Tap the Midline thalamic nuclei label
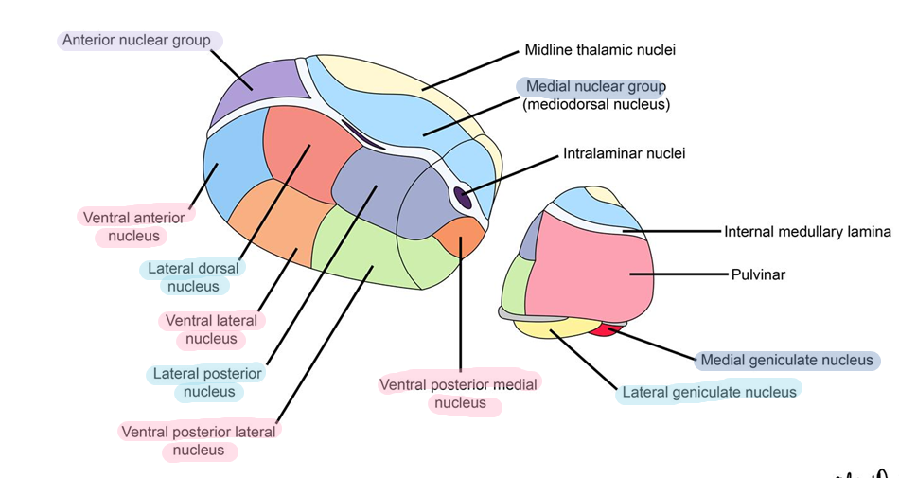pos(600,49)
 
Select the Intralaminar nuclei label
pos(624,152)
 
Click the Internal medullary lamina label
pos(807,231)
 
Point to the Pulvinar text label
pos(758,275)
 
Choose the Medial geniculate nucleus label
pos(785,360)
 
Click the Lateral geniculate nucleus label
pos(709,391)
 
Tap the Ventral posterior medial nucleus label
pos(458,394)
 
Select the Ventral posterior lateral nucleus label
pos(199,441)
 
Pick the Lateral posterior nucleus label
pos(208,382)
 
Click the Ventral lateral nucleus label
pos(211,329)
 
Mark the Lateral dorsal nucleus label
pos(193,277)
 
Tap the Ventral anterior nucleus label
pos(133,226)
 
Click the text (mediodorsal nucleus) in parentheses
pos(595,104)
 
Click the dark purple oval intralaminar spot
pos(463,198)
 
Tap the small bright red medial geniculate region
pos(602,330)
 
